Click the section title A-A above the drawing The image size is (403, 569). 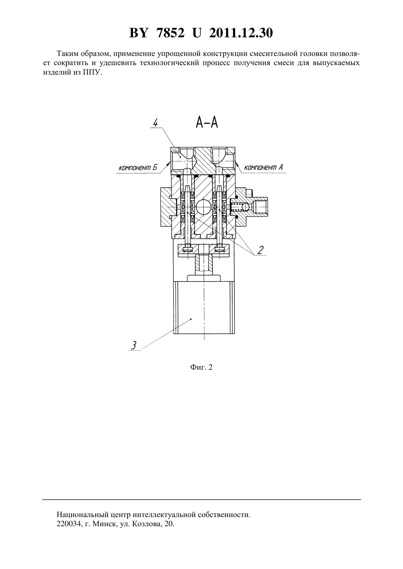tap(207, 123)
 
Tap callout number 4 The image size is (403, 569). tap(155, 123)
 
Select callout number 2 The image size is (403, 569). tap(260, 250)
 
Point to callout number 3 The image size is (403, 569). tap(133, 345)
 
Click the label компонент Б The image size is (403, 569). tap(138, 168)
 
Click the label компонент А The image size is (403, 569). tap(263, 167)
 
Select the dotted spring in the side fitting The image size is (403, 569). tap(237, 207)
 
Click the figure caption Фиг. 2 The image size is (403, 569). tap(201, 367)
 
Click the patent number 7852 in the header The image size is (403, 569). tap(170, 33)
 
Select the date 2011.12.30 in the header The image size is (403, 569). tap(241, 33)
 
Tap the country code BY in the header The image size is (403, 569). tap(138, 33)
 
